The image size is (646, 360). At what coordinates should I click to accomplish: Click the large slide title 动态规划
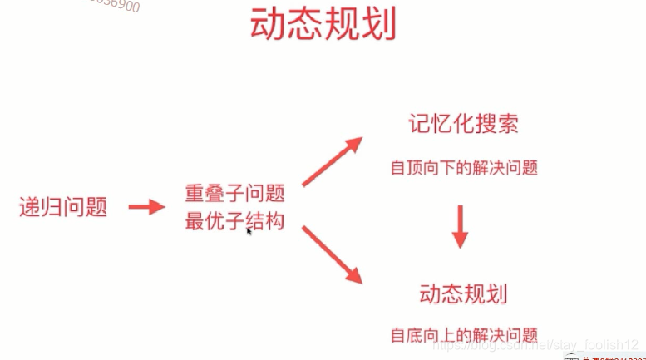click(x=323, y=26)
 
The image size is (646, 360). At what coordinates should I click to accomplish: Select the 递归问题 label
click(x=63, y=207)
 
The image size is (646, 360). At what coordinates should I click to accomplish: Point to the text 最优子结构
click(x=235, y=221)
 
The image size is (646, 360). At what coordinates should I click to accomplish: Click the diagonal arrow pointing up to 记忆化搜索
click(x=332, y=161)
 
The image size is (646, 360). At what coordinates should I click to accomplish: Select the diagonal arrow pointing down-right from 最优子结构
click(x=332, y=254)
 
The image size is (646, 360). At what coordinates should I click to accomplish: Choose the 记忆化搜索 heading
click(x=463, y=125)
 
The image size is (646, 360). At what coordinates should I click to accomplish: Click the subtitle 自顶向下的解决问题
click(x=464, y=167)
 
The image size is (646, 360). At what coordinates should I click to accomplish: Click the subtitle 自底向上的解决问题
click(x=464, y=335)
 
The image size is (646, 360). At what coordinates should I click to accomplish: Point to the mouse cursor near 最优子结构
click(x=248, y=232)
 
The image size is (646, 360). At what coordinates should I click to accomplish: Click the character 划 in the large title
click(x=377, y=26)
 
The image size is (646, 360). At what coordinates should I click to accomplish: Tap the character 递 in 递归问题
click(x=30, y=207)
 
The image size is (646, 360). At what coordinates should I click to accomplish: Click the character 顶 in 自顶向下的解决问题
click(x=415, y=167)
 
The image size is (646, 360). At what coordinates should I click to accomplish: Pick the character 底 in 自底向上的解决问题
click(x=415, y=335)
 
